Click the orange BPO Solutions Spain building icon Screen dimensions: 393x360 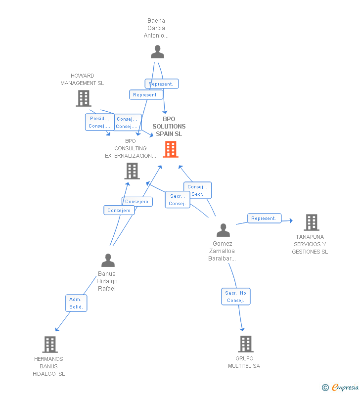(171, 149)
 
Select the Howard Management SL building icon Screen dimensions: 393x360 (84, 98)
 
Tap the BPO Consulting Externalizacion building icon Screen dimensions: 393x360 (132, 171)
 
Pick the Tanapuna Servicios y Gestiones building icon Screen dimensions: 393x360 (312, 222)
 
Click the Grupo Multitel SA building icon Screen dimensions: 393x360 (245, 344)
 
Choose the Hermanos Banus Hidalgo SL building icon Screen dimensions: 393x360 (50, 344)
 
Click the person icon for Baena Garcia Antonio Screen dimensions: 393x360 (157, 52)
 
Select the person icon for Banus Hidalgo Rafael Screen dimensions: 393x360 (108, 260)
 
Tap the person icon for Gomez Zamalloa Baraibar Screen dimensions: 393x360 (223, 230)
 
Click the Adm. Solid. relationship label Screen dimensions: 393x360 (76, 303)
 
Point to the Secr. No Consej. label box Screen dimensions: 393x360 (235, 297)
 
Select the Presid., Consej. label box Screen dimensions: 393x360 (99, 122)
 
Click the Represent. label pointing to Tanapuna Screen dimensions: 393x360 (264, 218)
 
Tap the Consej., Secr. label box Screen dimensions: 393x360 (197, 190)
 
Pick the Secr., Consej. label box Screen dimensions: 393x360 (177, 200)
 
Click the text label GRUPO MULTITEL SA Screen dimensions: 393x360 (244, 362)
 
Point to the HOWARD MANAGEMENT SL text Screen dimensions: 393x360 (82, 80)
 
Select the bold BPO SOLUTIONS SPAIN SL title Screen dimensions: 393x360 (169, 127)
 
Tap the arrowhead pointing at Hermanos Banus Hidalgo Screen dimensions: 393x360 (56, 330)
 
